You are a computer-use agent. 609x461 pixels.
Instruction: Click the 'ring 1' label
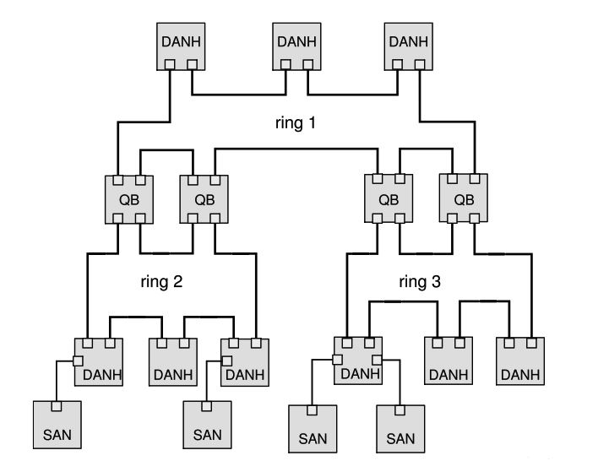(295, 123)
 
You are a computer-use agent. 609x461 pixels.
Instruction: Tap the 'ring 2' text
(161, 282)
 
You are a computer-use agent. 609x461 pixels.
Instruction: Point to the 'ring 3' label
(421, 282)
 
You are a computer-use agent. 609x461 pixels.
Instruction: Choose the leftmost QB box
(128, 200)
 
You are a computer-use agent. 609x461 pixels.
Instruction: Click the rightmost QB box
(462, 200)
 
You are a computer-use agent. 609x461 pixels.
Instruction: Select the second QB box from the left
(204, 200)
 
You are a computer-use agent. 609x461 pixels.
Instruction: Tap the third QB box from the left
(388, 200)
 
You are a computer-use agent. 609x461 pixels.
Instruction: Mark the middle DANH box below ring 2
(172, 361)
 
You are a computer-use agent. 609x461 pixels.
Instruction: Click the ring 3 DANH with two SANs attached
(358, 361)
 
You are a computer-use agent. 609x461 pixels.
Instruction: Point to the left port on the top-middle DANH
(286, 64)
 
